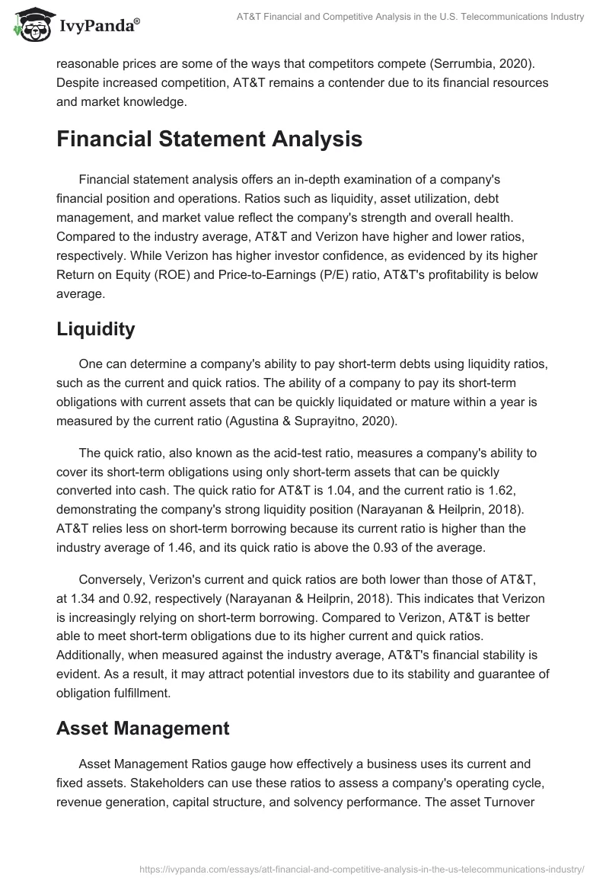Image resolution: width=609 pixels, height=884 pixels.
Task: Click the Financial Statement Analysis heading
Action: tap(209, 139)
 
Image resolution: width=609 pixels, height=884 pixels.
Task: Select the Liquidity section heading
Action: tap(95, 329)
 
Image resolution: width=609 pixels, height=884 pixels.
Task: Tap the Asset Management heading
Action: tap(142, 728)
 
